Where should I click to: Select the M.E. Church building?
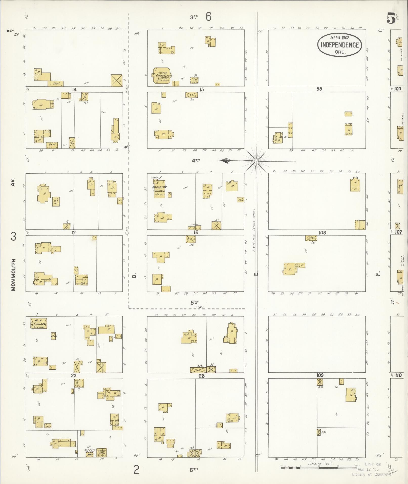tap(39, 323)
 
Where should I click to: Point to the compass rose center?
tap(256, 161)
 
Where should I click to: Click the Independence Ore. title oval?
tap(340, 45)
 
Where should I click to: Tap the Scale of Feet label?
tap(320, 463)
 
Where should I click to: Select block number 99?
tap(319, 89)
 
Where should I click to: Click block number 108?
tap(322, 233)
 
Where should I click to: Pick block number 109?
tap(320, 375)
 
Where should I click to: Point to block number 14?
tap(74, 89)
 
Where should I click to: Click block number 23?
tap(201, 376)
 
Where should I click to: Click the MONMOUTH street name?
tap(13, 274)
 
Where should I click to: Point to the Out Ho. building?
tap(56, 201)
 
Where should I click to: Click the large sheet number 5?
tap(391, 18)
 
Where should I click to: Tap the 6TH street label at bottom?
tap(194, 470)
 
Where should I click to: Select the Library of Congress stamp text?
tap(371, 474)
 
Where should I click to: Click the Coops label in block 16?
tap(195, 224)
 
